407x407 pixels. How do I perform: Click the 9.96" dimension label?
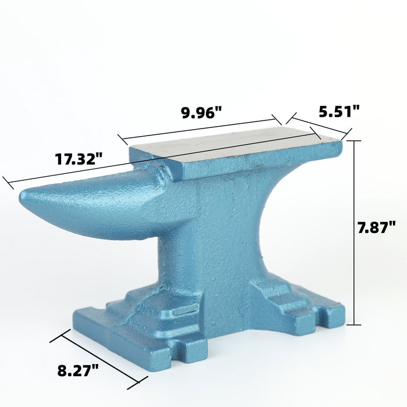[201, 113]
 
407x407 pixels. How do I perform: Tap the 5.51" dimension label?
[339, 112]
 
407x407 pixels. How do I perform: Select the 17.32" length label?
[79, 159]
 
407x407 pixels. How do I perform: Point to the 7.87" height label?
[376, 227]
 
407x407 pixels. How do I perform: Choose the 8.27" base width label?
[78, 370]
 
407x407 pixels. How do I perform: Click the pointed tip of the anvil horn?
[22, 195]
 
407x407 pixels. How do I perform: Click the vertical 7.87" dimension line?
[354, 233]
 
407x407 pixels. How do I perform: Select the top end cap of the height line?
[354, 141]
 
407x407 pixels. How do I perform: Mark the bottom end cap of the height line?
[354, 324]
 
